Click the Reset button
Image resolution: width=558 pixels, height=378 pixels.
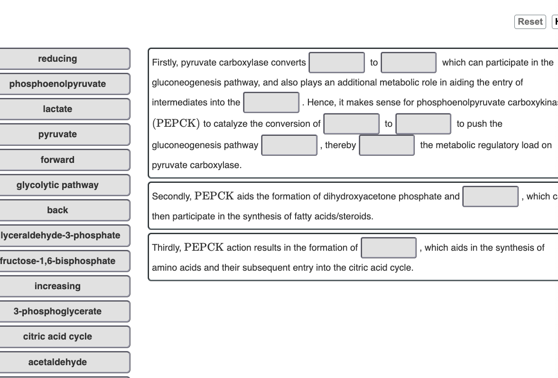[530, 22]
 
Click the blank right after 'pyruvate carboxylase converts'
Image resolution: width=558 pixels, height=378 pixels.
[337, 63]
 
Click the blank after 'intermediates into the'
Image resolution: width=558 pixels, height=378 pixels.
[271, 103]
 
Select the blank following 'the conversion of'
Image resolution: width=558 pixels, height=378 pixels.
[351, 124]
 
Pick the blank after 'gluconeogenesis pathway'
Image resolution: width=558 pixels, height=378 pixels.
[289, 145]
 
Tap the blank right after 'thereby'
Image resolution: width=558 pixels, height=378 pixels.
[387, 145]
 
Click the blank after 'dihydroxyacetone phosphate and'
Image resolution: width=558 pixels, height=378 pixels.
[491, 197]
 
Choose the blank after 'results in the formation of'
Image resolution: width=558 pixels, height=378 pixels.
[389, 248]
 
